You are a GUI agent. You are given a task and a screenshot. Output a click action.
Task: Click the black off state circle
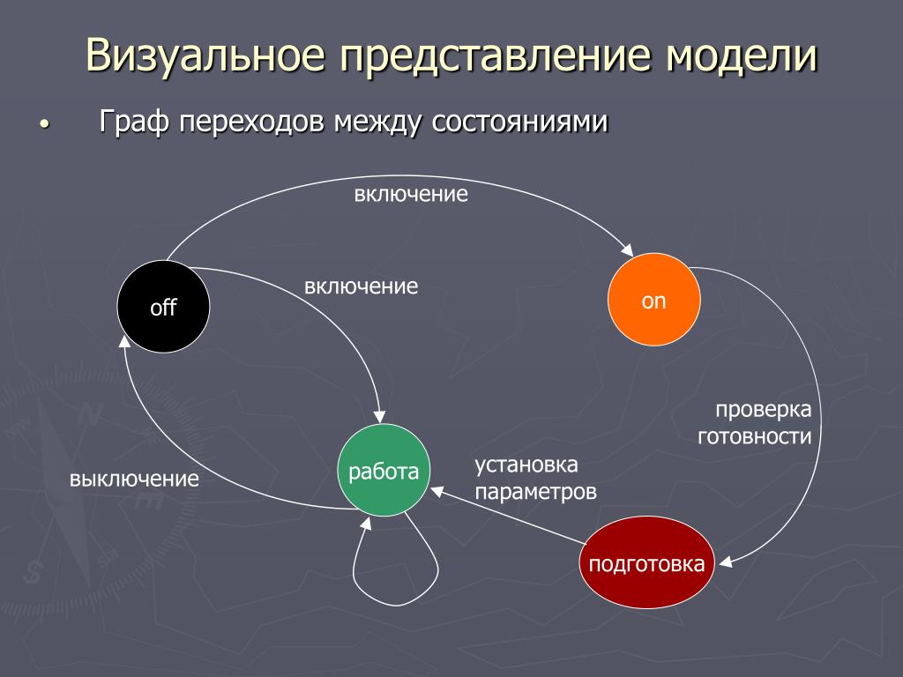coord(163,306)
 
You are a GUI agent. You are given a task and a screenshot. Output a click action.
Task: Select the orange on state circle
coord(654,300)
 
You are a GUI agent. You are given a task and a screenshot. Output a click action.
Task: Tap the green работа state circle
coord(384,471)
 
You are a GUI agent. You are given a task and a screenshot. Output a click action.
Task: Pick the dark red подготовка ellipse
coord(646,562)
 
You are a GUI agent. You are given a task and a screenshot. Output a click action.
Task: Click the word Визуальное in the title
coord(206,56)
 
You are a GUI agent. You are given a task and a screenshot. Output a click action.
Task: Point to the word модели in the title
coord(743,56)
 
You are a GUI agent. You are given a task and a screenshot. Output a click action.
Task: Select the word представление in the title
coord(496,56)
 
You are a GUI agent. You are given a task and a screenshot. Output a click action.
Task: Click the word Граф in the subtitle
coord(134,122)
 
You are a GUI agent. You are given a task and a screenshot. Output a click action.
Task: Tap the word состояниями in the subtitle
coord(520,122)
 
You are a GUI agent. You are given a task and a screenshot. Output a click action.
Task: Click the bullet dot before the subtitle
coord(44,123)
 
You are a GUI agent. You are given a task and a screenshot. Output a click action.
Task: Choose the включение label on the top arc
coord(411,194)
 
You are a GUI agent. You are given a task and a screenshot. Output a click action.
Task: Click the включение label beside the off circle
coord(361,286)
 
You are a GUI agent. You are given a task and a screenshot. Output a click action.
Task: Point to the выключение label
coord(134,479)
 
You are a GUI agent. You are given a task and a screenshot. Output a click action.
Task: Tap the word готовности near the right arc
coord(755,437)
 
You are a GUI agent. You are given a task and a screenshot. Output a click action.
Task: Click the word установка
coord(526,465)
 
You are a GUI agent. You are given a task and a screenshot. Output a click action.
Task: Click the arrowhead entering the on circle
coord(628,250)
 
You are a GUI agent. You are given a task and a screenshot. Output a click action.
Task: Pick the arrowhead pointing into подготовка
coord(725,561)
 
